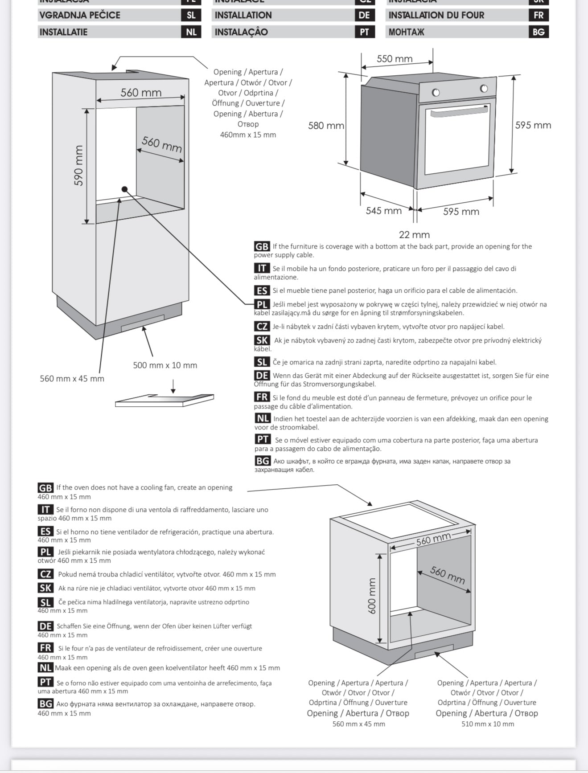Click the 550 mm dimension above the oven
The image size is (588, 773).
(395, 59)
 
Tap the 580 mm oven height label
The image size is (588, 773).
(326, 126)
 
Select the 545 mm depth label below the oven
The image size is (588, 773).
(383, 211)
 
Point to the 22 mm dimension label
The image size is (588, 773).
(414, 234)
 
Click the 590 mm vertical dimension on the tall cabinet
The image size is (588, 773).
(78, 166)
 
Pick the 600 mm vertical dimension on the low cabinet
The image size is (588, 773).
(371, 596)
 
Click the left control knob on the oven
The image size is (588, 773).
(436, 93)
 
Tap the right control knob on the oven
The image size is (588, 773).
(484, 88)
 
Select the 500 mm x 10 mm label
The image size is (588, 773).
(165, 365)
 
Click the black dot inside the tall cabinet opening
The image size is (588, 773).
(124, 189)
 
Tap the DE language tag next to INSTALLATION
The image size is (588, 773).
(364, 15)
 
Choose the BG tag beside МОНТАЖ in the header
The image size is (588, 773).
(538, 32)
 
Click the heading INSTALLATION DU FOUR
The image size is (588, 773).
(436, 15)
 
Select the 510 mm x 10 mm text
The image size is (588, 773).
(487, 724)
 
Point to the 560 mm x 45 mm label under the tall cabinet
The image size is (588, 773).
(72, 379)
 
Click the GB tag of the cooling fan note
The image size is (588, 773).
(45, 488)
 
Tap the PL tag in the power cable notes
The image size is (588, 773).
(262, 304)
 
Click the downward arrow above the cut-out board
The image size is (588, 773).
(173, 386)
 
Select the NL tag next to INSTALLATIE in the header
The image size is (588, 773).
(191, 32)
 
